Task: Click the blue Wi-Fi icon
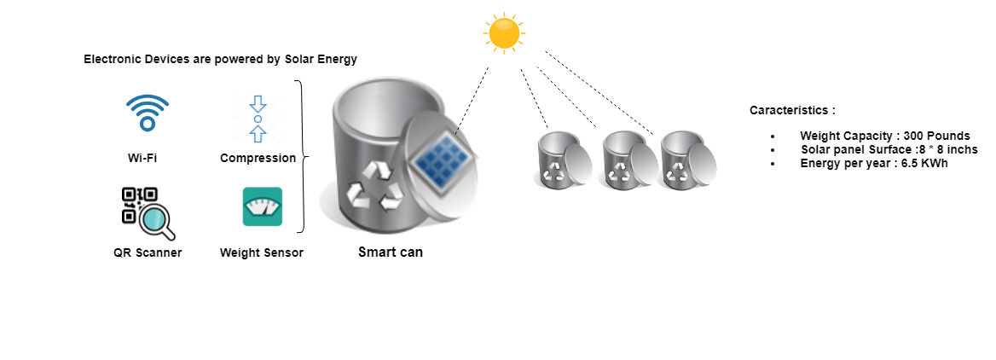[148, 113]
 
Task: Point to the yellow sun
[503, 33]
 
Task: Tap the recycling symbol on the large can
[373, 188]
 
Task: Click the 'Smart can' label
[391, 253]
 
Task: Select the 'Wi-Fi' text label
[142, 158]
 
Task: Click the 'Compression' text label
[258, 158]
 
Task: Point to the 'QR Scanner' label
[148, 253]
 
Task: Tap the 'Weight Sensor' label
[261, 253]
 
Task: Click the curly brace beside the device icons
[300, 157]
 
